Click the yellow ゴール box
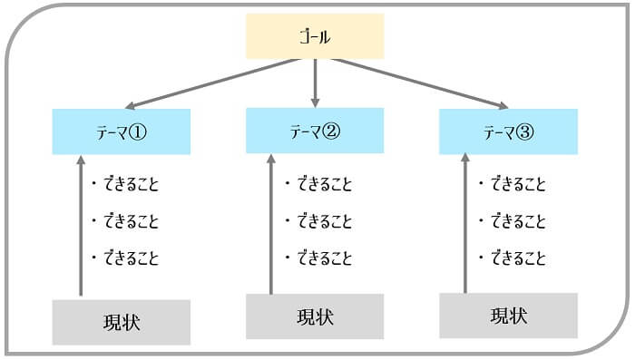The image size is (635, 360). pos(315,37)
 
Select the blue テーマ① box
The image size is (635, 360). pos(121,131)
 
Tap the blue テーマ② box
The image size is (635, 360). pos(315,131)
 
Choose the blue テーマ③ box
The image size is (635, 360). pos(508,131)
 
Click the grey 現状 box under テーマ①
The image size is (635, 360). pos(121,322)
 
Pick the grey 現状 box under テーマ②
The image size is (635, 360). pos(315,316)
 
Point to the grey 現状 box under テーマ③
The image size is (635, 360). pos(508,316)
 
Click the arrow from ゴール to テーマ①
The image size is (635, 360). pos(213,83)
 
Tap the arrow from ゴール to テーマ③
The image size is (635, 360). pos(416,83)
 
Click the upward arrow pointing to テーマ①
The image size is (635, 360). pos(81,227)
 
